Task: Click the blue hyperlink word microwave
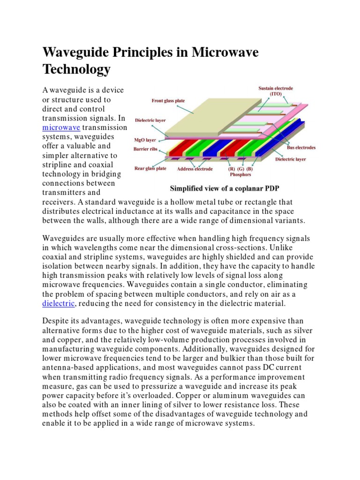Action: [x=61, y=127]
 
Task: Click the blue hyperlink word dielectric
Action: [x=59, y=303]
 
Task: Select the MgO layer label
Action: [x=145, y=140]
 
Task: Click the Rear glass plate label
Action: [x=150, y=168]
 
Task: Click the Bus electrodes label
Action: [x=301, y=148]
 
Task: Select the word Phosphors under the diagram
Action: [x=240, y=175]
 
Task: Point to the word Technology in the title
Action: [x=76, y=69]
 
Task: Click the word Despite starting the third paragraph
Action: [x=57, y=321]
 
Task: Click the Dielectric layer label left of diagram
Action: [x=150, y=120]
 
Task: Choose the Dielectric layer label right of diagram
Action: [x=290, y=159]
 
